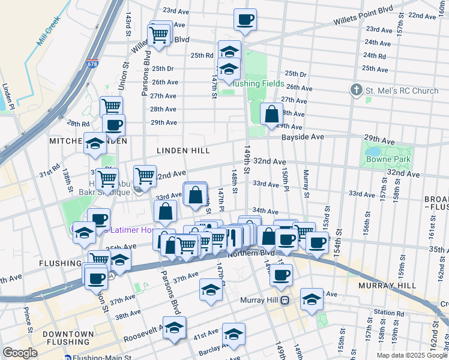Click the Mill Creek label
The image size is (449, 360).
[x=49, y=31]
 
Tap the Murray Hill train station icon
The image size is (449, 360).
[x=286, y=300]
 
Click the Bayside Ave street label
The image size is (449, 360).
[x=303, y=137]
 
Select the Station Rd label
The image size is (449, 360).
[x=388, y=313]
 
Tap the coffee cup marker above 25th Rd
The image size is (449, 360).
[x=245, y=19]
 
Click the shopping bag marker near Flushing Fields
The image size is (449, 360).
[x=271, y=113]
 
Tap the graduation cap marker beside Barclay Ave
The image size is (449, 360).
[x=233, y=334]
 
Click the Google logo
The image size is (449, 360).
[x=20, y=353]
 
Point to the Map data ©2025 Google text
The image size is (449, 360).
[x=412, y=355]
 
